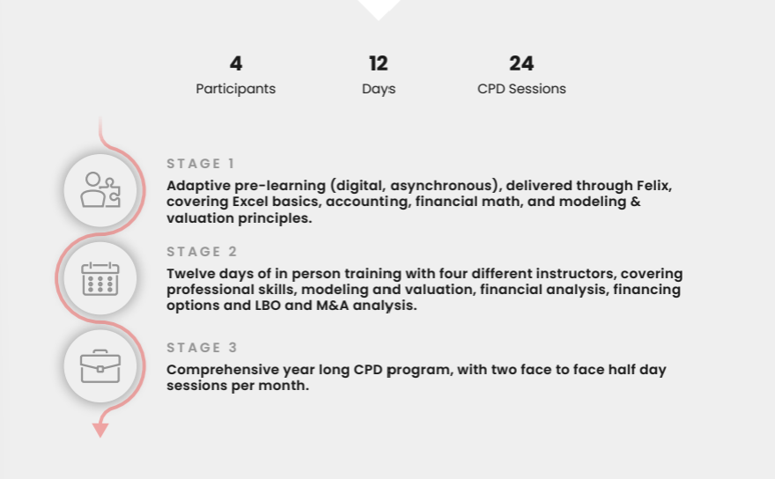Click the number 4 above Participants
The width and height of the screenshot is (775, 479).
pyautogui.click(x=236, y=63)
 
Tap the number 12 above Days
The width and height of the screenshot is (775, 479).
pyautogui.click(x=378, y=63)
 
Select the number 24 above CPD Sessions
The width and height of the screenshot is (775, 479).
pyautogui.click(x=521, y=63)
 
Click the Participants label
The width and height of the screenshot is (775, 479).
pyautogui.click(x=236, y=89)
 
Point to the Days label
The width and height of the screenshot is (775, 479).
pyautogui.click(x=379, y=89)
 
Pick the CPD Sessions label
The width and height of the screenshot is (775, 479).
pyautogui.click(x=521, y=88)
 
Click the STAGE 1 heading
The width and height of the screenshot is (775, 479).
pyautogui.click(x=200, y=164)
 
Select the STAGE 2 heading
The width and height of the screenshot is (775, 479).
pyautogui.click(x=202, y=252)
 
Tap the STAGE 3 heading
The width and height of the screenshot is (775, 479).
pyautogui.click(x=202, y=348)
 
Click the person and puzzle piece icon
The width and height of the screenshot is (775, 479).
pyautogui.click(x=100, y=190)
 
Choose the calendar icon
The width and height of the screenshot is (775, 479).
pyautogui.click(x=100, y=279)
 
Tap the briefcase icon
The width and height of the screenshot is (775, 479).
pyautogui.click(x=100, y=366)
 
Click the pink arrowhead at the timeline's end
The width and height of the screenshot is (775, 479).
pyautogui.click(x=100, y=431)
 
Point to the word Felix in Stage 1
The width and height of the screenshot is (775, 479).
pyautogui.click(x=653, y=186)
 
